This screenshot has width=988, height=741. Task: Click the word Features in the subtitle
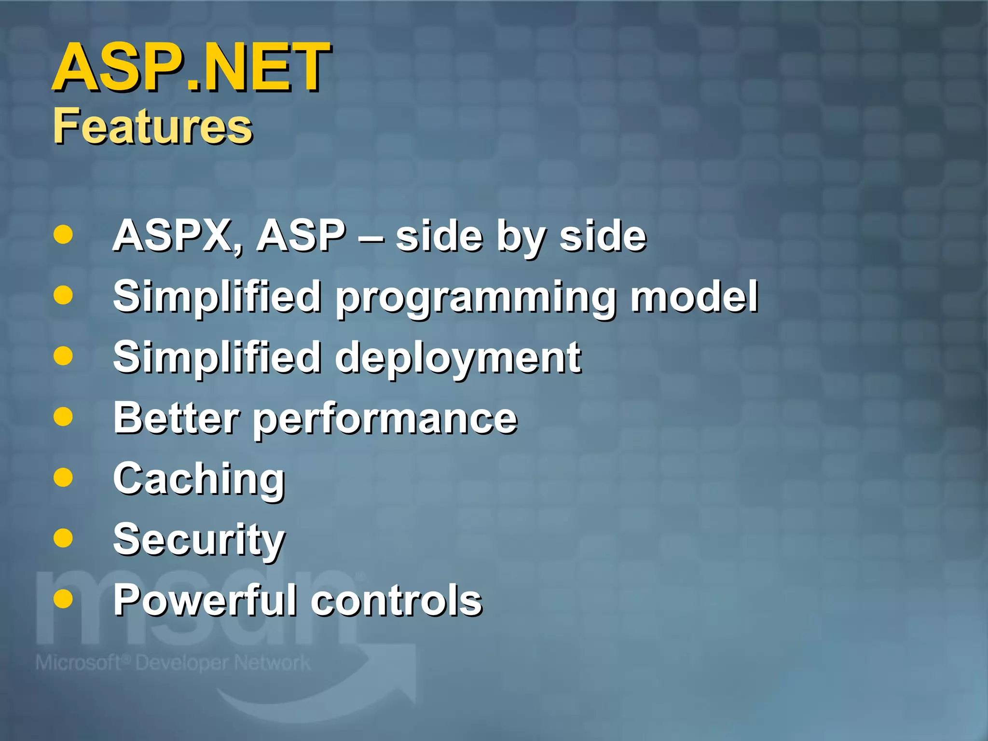152,126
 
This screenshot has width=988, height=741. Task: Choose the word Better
176,418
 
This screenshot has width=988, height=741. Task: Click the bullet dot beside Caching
63,477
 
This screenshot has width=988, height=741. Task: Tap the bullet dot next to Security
63,538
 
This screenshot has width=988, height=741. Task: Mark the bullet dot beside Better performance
63,416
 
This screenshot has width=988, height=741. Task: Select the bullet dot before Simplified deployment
63,356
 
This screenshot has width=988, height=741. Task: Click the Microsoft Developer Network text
173,663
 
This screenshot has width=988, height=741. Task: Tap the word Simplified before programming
217,296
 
